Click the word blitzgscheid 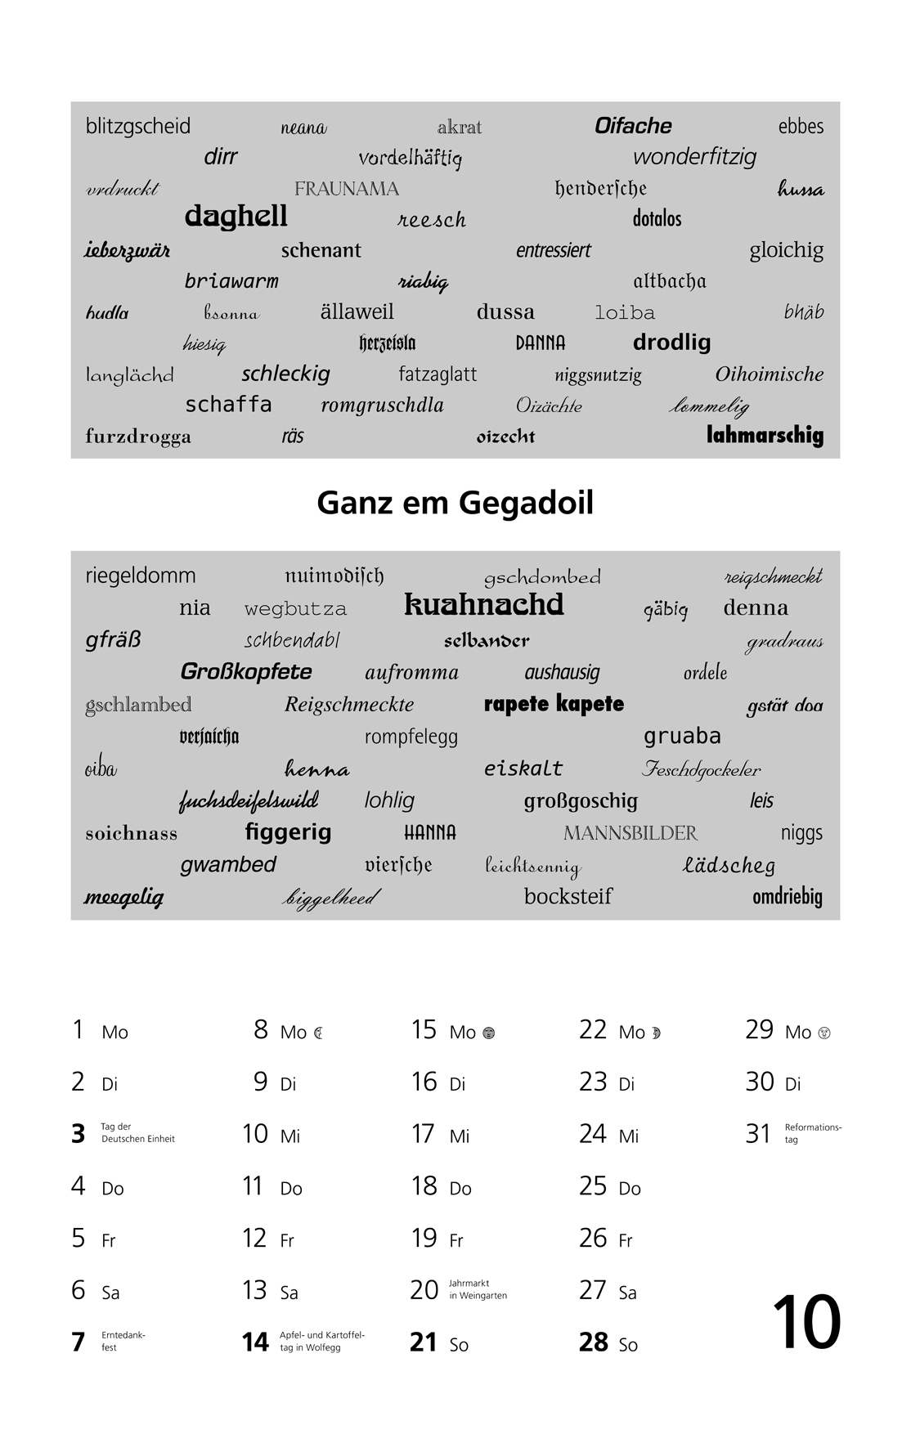tap(137, 126)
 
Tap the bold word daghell tap(236, 217)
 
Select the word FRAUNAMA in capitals tap(346, 189)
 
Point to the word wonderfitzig tap(694, 157)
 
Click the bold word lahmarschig tap(765, 435)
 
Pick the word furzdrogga tap(138, 436)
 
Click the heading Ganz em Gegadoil tap(455, 503)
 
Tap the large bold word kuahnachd tap(484, 605)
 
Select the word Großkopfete tap(246, 672)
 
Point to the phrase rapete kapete tap(554, 704)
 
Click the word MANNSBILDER tap(631, 833)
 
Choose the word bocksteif tap(568, 896)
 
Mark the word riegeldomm tap(141, 576)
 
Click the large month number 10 tap(806, 1323)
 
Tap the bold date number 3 tap(79, 1134)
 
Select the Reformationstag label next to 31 tap(812, 1133)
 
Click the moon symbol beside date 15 tap(488, 1033)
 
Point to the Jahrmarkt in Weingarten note tap(478, 1289)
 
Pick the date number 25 tap(593, 1186)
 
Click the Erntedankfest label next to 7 tap(123, 1341)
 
